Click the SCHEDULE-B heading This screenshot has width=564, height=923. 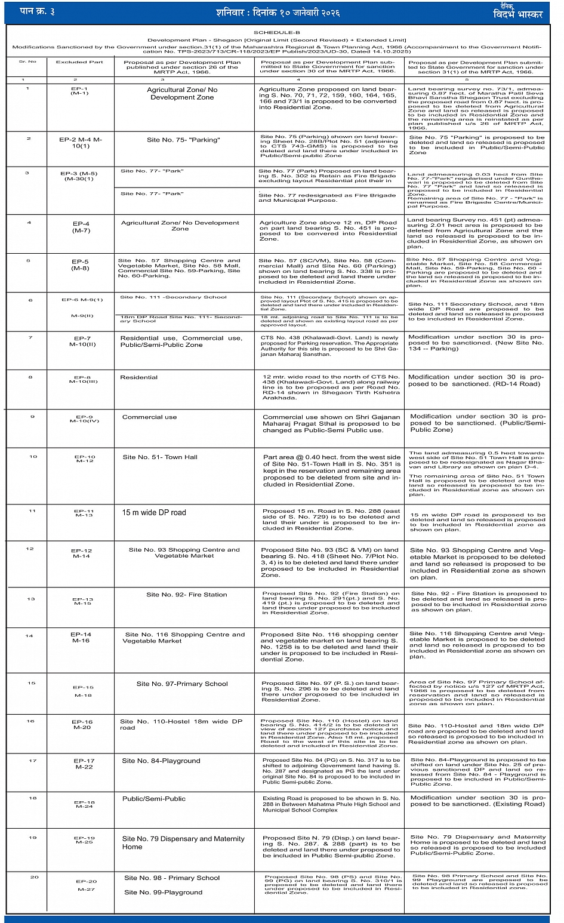277,33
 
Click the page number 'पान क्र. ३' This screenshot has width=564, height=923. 37,11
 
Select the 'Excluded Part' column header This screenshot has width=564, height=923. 79,62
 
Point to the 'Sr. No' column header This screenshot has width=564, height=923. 27,61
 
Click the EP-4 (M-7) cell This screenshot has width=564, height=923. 81,227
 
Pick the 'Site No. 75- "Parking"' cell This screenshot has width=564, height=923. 183,140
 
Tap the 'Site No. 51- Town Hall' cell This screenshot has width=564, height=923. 160,457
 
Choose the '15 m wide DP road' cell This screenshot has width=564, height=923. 154,512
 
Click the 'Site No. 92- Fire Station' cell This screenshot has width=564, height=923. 187,595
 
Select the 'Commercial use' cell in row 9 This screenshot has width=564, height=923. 150,417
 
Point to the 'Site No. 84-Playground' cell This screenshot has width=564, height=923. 161,761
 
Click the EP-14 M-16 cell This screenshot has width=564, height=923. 81,638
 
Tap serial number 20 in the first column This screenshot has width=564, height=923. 35,877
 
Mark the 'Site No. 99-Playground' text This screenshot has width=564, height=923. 163,893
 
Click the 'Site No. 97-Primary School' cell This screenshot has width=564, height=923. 182,684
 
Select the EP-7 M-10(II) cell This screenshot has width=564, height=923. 82,341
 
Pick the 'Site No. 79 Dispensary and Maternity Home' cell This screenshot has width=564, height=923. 183,842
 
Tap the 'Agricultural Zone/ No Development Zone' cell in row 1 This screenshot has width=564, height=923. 182,94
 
